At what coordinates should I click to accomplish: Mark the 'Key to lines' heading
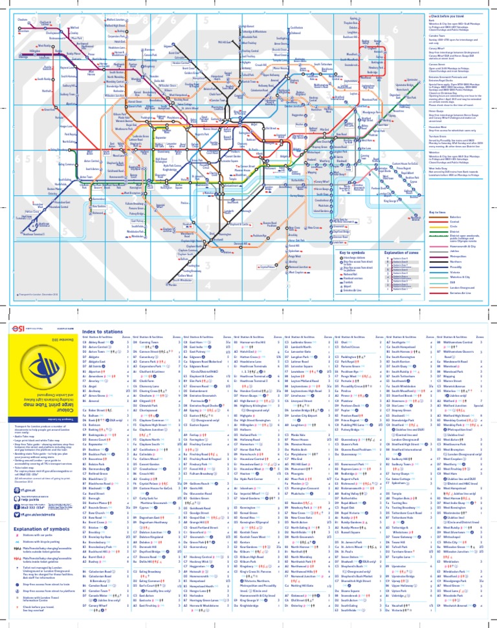coord(438,211)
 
